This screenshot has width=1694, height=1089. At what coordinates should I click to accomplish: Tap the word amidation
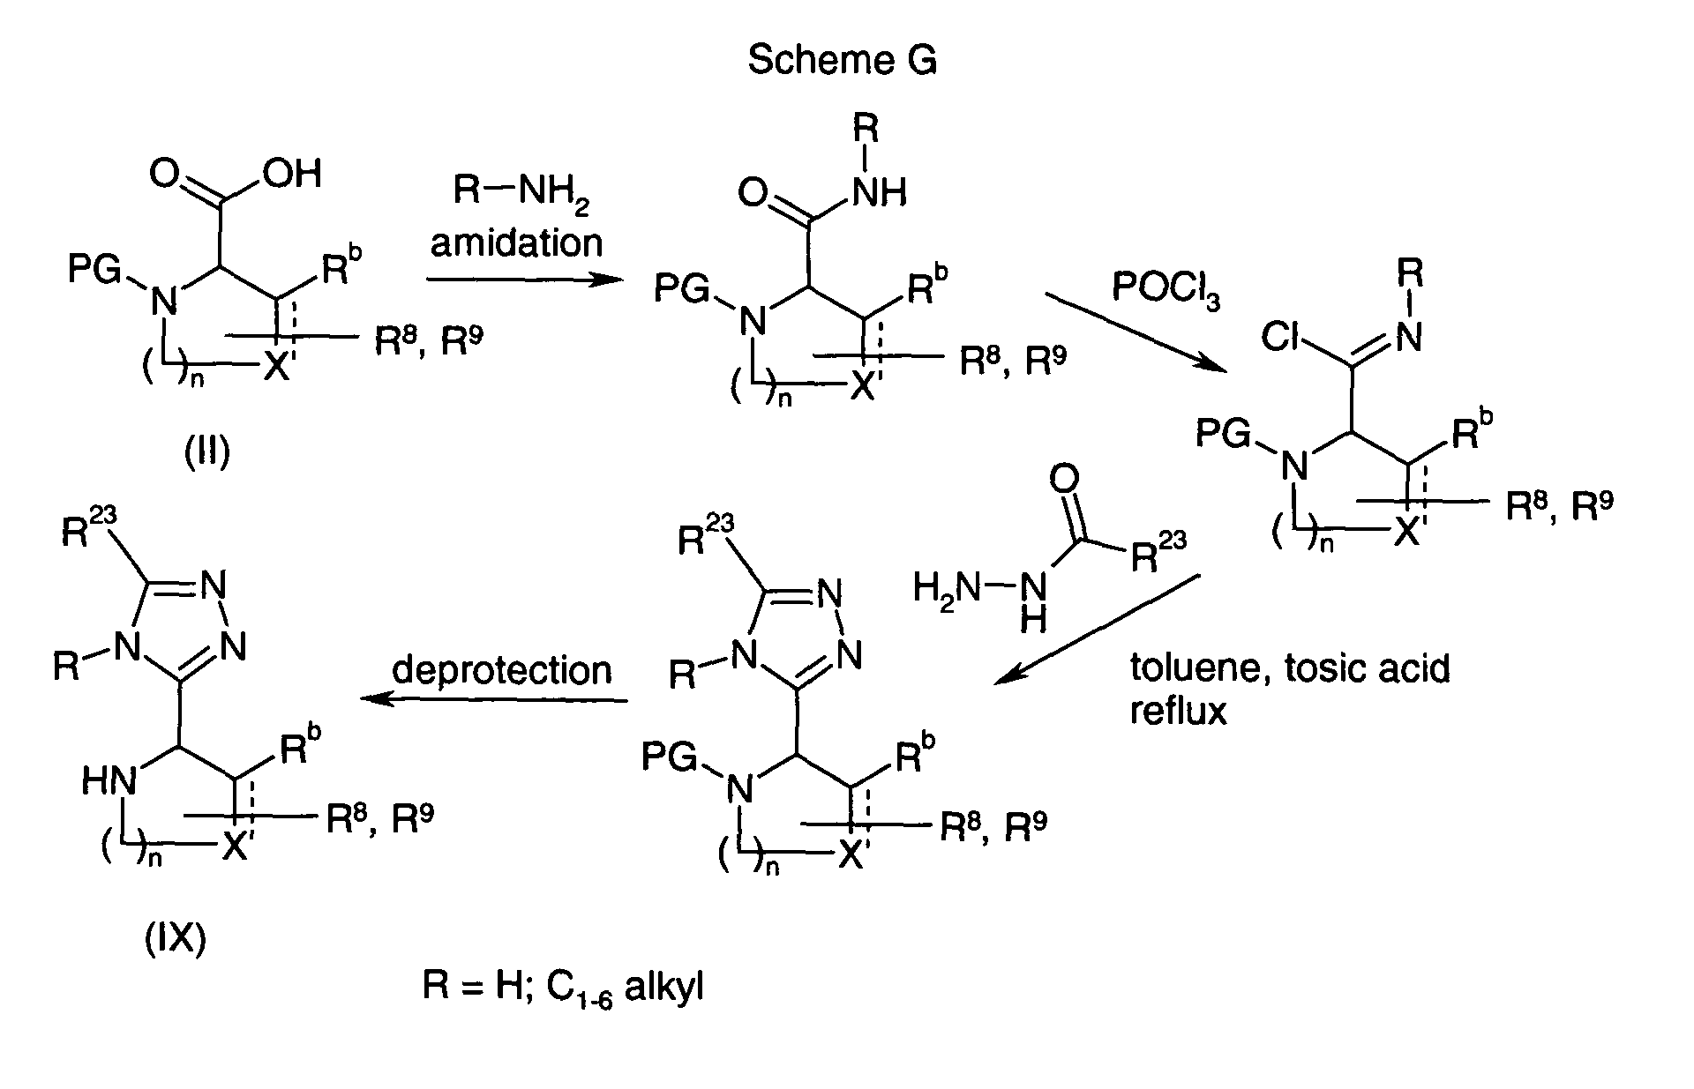(x=517, y=242)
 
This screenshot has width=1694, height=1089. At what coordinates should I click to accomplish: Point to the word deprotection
(x=502, y=670)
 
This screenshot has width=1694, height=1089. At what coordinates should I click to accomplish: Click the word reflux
(x=1179, y=710)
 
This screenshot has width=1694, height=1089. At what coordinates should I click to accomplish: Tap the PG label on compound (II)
(x=94, y=271)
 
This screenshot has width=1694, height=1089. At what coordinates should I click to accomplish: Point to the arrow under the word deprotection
(x=494, y=700)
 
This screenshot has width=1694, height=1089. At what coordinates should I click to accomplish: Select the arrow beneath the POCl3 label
(x=1138, y=335)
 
